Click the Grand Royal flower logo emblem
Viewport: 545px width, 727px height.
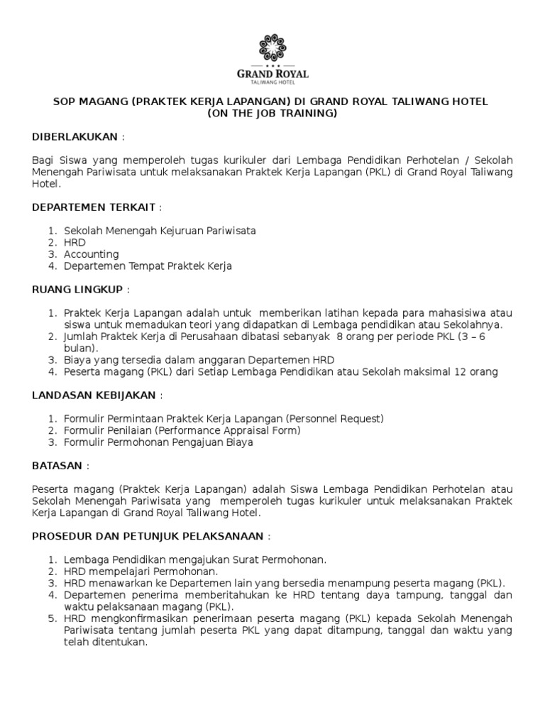point(272,48)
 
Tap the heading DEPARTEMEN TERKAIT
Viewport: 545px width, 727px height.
point(94,207)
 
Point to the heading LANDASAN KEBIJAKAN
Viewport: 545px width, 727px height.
point(95,395)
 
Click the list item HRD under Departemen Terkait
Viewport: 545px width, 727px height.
point(75,242)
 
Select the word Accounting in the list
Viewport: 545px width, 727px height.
point(92,254)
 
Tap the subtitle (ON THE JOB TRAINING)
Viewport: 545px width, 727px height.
point(272,114)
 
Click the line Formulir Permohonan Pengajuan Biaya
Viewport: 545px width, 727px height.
point(158,442)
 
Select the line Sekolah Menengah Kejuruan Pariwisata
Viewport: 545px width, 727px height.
point(160,231)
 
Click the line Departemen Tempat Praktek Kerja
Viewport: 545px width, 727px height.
point(148,266)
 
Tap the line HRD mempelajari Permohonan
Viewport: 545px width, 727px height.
point(141,572)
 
